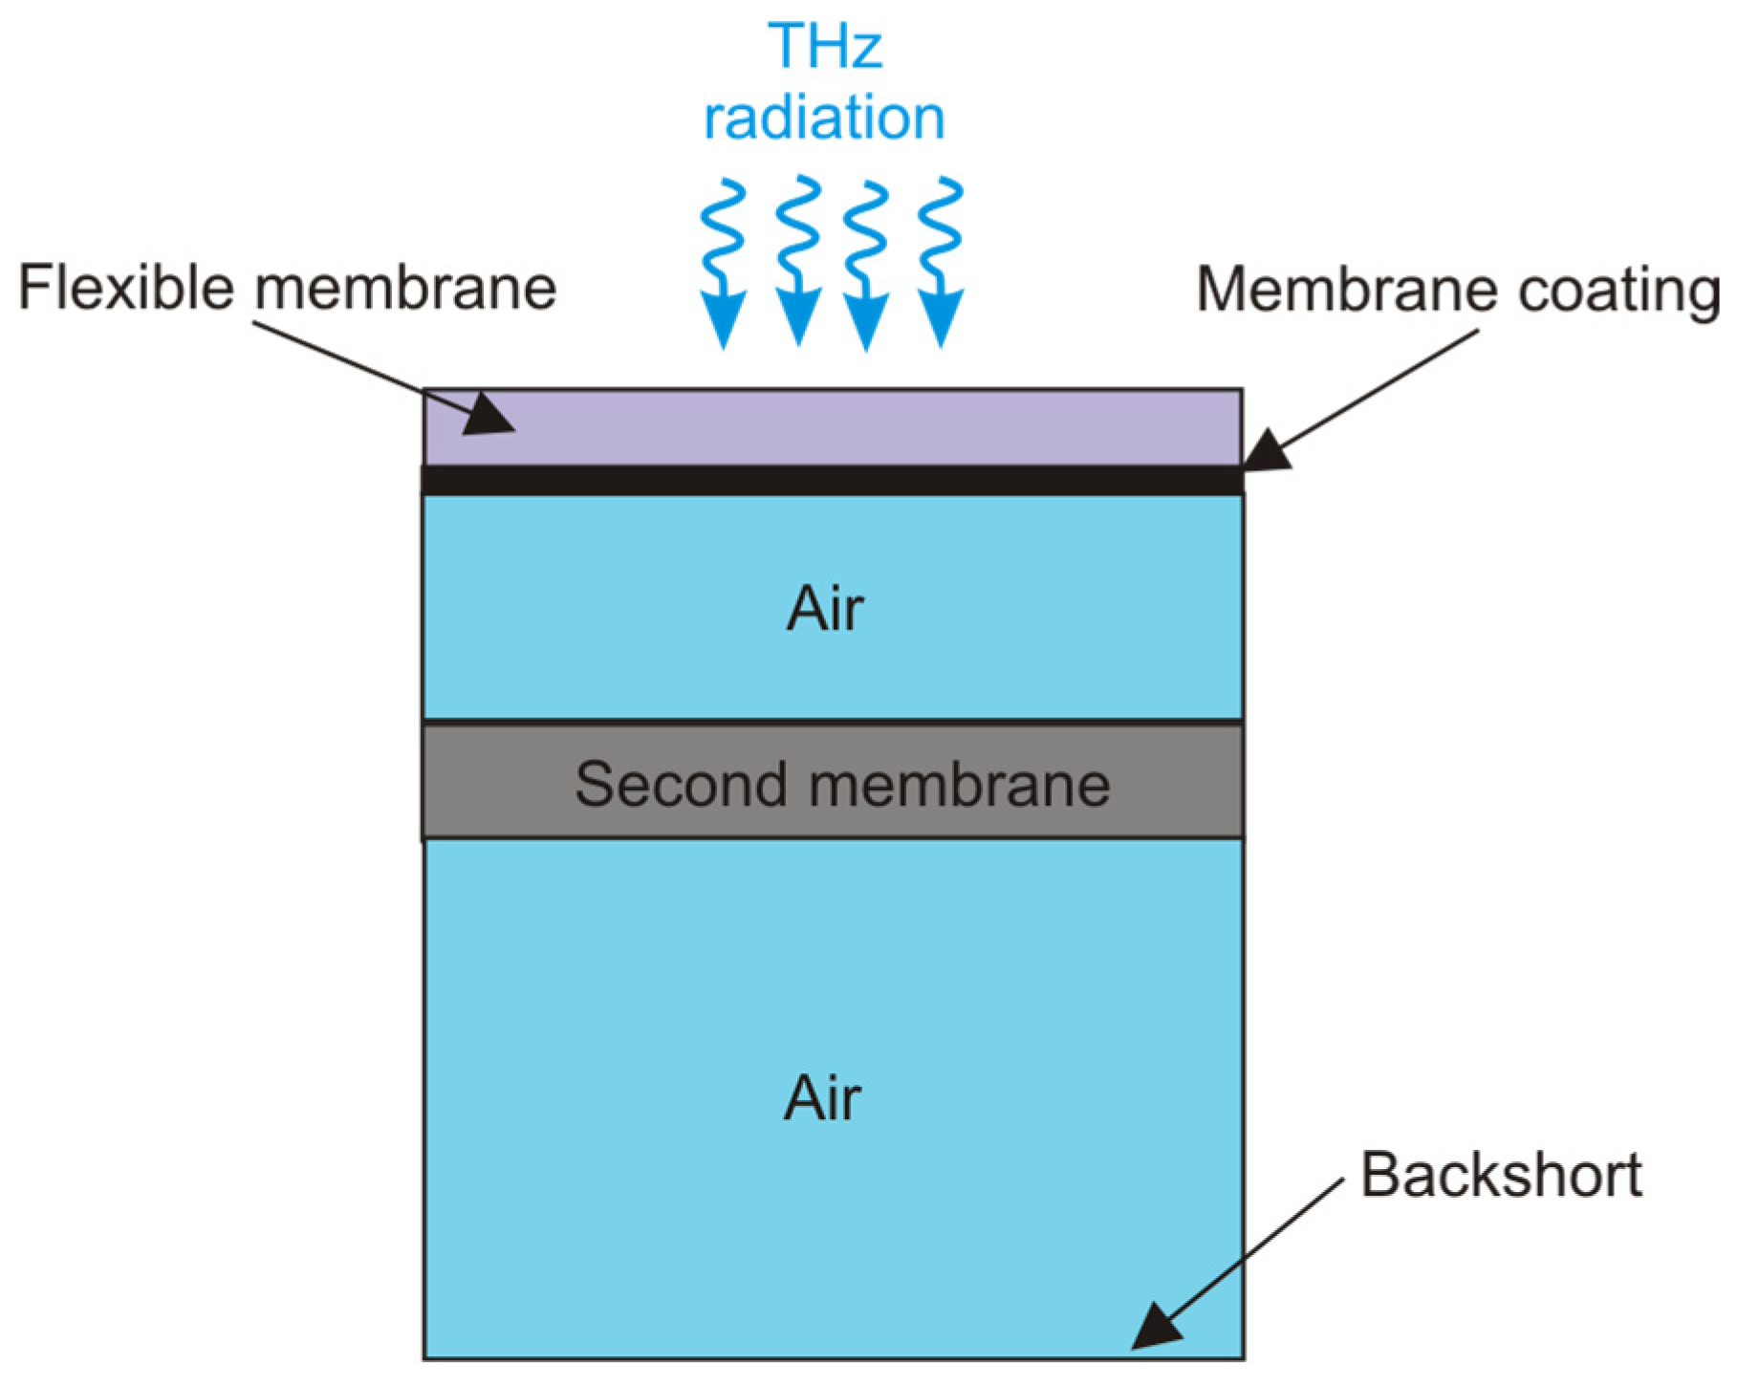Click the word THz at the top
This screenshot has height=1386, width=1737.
(824, 45)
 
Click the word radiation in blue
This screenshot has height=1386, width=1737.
(824, 118)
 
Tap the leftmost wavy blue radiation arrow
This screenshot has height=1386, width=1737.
(723, 263)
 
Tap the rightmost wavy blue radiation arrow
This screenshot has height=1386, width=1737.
(941, 263)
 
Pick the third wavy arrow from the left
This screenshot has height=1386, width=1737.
(866, 266)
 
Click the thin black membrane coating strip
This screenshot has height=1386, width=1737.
(832, 480)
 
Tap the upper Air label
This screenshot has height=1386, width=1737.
(824, 609)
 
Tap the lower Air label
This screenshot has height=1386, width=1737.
(821, 1098)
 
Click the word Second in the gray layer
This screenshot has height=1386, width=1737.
(680, 785)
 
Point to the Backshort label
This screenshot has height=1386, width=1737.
(1500, 1175)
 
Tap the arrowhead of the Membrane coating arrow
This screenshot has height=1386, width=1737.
(1267, 451)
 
